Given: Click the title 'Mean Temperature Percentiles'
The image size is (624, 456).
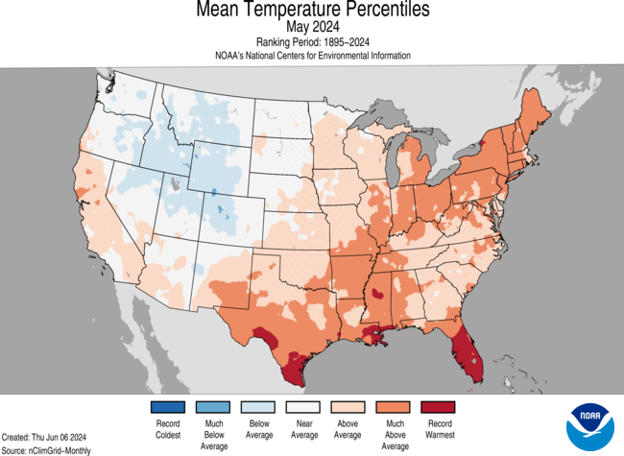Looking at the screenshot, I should coord(312,11).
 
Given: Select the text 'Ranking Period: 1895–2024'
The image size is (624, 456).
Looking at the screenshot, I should coord(312,42).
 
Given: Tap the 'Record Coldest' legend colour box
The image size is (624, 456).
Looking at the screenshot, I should coord(167,407).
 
